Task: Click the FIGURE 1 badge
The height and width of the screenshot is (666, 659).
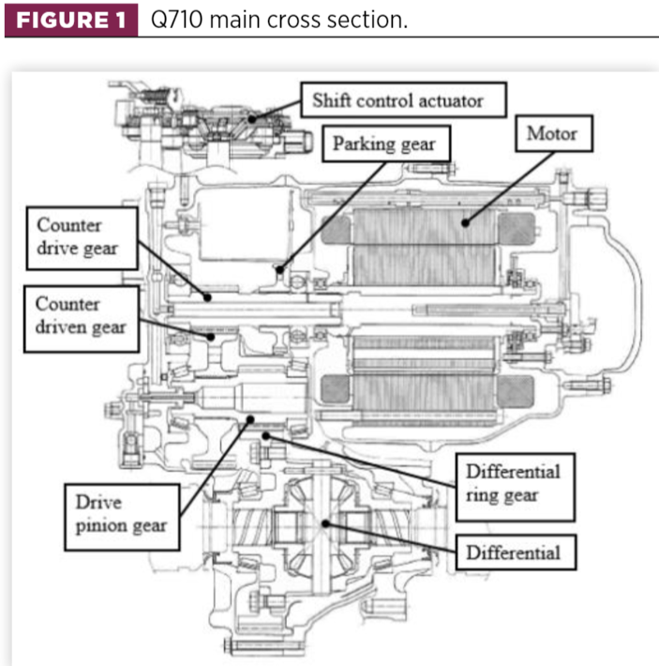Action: point(71,20)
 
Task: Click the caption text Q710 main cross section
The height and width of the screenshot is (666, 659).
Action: point(279,20)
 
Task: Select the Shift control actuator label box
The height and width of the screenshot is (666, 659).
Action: point(403,99)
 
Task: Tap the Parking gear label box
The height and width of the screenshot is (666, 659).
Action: point(386,144)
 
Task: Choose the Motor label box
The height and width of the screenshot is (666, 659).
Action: point(554,133)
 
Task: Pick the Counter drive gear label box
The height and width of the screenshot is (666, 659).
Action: point(82,238)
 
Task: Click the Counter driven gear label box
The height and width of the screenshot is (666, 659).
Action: point(82,319)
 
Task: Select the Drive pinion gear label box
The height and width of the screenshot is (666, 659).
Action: point(122,517)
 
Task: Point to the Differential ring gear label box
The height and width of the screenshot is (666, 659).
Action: point(516,487)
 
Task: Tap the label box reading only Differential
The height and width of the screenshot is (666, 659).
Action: point(516,552)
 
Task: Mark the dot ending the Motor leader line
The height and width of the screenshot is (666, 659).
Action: point(466,222)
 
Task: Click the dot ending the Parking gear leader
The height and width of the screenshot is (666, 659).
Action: point(280,269)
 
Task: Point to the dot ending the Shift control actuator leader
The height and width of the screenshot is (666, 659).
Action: point(252,119)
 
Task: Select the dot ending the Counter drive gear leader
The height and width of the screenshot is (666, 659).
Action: point(207,297)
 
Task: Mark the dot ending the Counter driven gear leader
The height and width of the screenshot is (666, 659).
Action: point(211,337)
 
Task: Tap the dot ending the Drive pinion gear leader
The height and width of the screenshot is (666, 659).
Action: point(250,419)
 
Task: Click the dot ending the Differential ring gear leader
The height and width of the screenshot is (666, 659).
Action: point(266,436)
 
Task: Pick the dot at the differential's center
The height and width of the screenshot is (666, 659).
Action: point(325,523)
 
